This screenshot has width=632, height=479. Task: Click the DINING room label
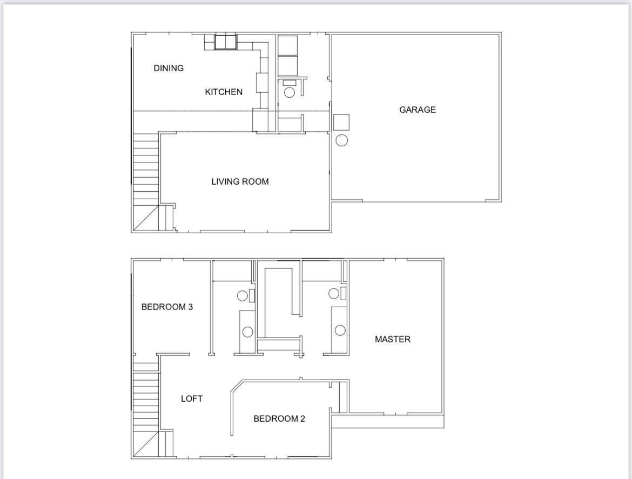tap(169, 68)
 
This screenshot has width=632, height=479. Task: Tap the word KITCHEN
tap(224, 92)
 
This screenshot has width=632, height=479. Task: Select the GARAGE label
tap(417, 110)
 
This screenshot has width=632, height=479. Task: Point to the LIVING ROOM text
tap(240, 181)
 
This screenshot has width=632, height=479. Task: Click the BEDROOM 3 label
tap(167, 307)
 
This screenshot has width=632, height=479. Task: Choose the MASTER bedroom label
tap(392, 339)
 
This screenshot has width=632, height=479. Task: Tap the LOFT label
tap(192, 399)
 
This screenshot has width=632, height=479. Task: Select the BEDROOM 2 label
tap(279, 419)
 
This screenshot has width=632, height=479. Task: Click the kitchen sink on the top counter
tap(225, 42)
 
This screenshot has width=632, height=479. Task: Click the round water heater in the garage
tap(341, 140)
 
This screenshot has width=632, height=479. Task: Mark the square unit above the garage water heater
tap(341, 122)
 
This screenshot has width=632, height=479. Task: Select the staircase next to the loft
tap(146, 397)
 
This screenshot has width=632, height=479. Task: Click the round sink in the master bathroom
tap(340, 330)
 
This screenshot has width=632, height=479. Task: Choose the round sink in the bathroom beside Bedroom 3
tap(247, 332)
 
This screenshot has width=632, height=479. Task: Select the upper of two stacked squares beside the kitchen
tap(287, 45)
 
